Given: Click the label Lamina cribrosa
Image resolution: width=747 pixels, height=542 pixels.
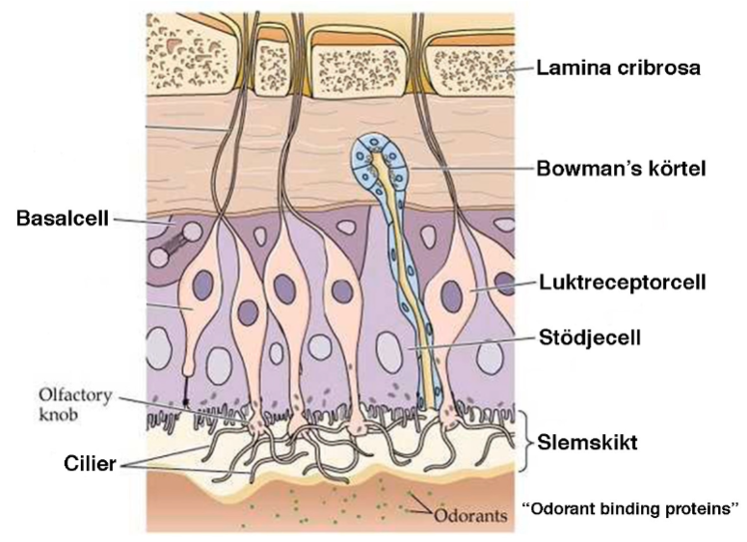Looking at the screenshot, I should pos(618,68).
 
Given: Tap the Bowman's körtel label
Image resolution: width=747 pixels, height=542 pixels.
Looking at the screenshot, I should pos(622,167).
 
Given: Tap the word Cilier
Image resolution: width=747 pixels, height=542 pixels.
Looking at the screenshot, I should pos(93,464).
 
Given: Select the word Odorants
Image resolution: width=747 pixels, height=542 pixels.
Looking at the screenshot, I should pos(469,516).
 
